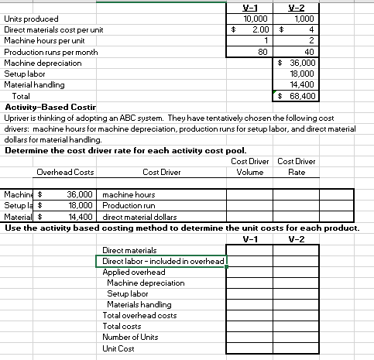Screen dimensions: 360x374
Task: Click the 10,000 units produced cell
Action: pos(255,18)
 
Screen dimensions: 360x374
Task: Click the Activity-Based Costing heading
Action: pos(50,106)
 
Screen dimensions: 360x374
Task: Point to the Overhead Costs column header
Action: pos(66,172)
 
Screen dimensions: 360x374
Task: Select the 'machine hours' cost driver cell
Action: pos(129,195)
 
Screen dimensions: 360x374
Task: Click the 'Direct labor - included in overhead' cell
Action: pos(163,262)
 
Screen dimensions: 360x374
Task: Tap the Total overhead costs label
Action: pos(139,316)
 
